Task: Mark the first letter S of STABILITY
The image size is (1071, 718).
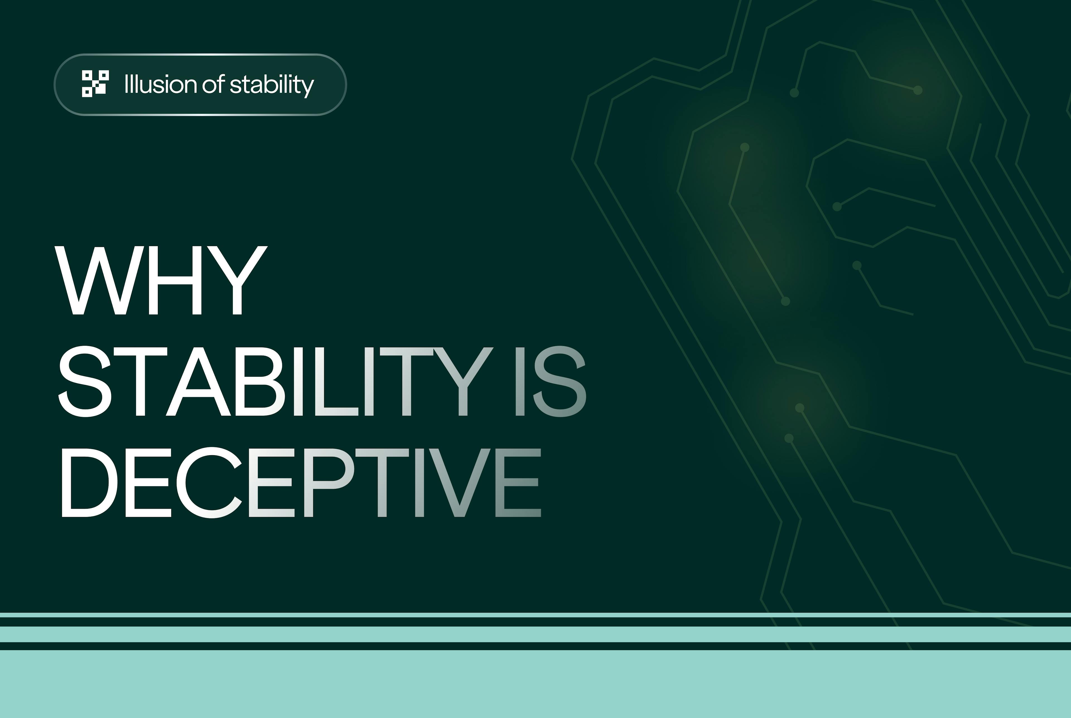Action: click(x=85, y=381)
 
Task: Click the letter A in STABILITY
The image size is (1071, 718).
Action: click(x=198, y=381)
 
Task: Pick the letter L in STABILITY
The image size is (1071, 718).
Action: click(x=339, y=381)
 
